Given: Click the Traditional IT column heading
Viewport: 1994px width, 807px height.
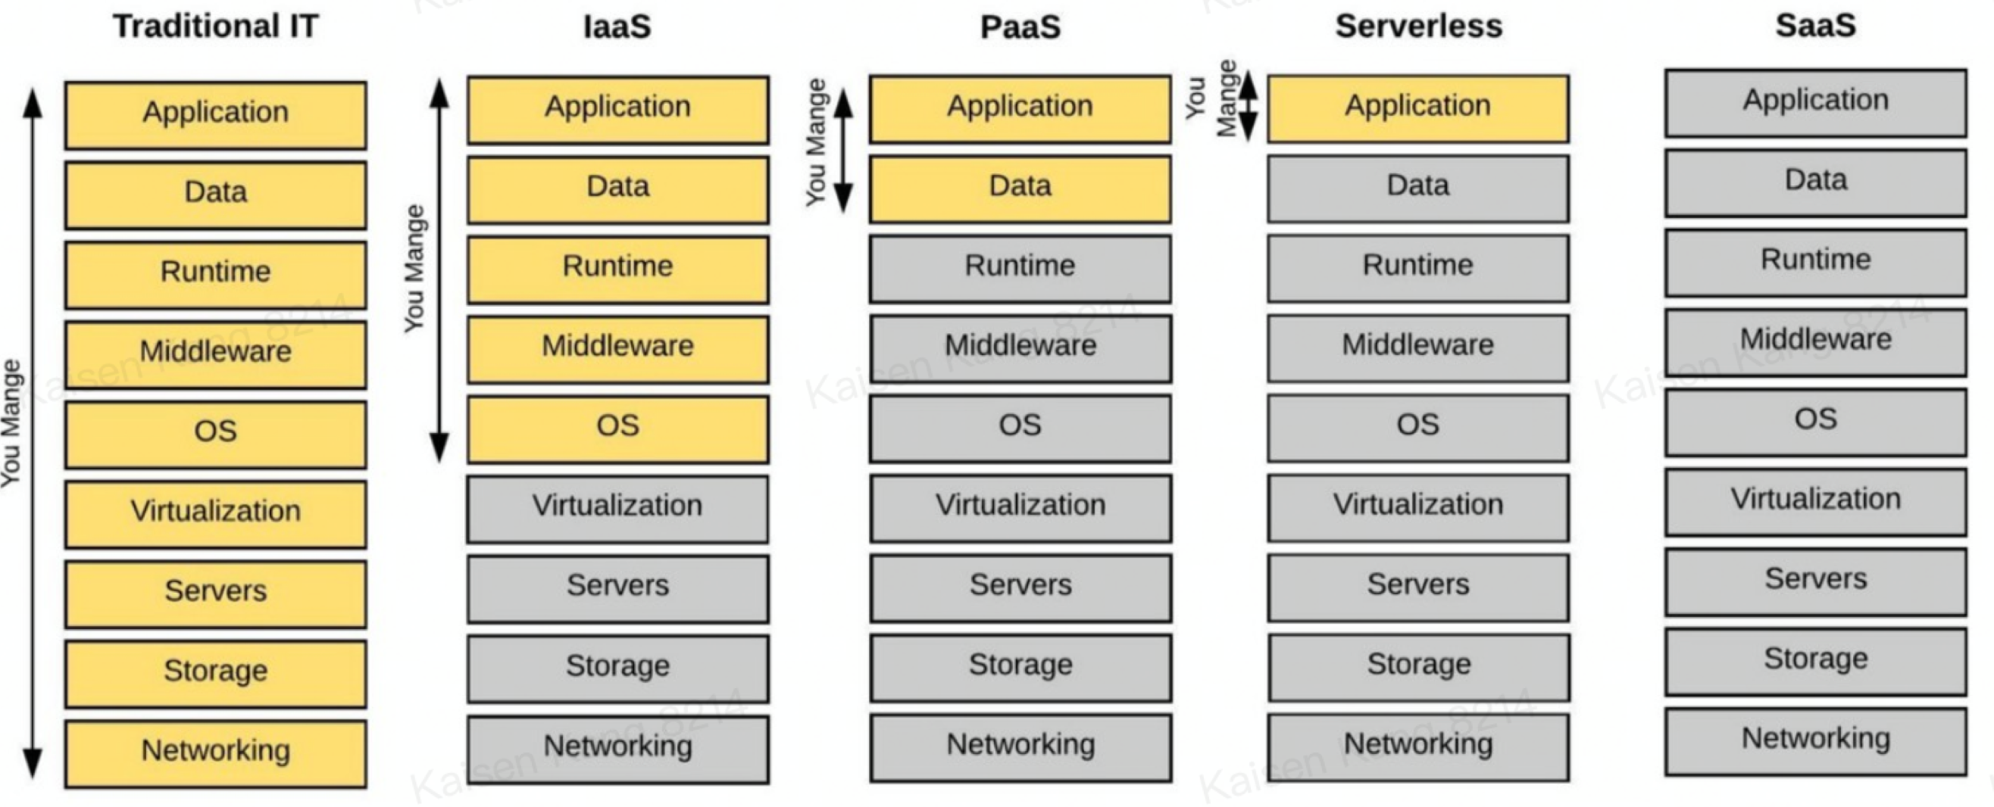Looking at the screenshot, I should (x=215, y=26).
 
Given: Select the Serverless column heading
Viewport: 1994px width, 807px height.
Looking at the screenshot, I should (x=1418, y=26).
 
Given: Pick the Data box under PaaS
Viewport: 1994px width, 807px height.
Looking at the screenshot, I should (x=1020, y=188).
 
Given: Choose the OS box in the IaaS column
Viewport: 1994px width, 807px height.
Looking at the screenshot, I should (x=617, y=428).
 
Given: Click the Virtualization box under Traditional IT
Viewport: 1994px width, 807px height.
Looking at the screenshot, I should (x=215, y=513).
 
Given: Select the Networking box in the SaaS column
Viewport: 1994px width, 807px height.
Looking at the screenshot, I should (x=1815, y=740).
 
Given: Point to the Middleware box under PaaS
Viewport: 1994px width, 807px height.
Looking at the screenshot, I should (x=1020, y=347).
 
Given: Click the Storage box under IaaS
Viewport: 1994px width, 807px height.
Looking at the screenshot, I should (x=617, y=668).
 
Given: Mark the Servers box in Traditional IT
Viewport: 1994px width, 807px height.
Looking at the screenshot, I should (x=215, y=593).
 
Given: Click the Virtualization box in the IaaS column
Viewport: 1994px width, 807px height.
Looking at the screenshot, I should (x=617, y=507).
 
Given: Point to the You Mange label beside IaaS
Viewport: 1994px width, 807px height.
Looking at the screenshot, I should (x=415, y=269).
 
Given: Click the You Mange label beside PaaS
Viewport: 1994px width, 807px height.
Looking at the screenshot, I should (x=816, y=142).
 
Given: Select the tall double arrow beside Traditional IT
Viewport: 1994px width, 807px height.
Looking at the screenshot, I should (x=32, y=433).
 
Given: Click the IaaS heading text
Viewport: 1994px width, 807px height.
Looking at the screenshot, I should (x=617, y=26).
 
